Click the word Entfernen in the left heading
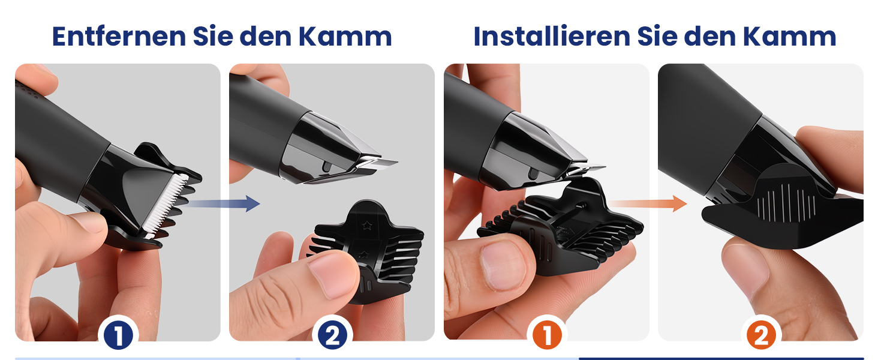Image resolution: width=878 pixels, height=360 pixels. tap(119, 37)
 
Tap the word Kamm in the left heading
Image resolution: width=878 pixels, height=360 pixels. tap(345, 37)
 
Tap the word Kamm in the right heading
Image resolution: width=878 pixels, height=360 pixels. tap(789, 37)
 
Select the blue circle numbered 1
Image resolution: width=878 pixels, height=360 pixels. tap(118, 335)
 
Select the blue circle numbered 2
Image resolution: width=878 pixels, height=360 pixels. tap(332, 335)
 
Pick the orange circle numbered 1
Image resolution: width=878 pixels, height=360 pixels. tap(547, 335)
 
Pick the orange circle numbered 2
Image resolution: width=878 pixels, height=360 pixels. tap(761, 335)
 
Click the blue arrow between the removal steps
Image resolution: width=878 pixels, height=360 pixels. tap(224, 203)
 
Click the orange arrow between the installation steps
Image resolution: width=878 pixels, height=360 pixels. tap(649, 203)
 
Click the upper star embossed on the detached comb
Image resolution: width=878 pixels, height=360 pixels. tap(367, 225)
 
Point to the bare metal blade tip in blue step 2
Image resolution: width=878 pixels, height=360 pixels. tap(378, 164)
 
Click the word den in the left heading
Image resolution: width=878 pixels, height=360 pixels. tap(265, 37)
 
